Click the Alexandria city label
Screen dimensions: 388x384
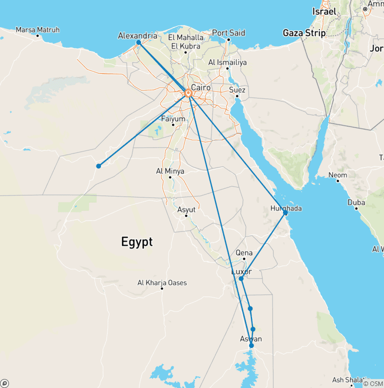coord(137,36)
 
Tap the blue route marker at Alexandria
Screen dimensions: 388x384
coord(138,42)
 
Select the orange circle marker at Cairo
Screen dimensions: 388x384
coord(188,93)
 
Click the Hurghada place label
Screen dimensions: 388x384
coord(286,208)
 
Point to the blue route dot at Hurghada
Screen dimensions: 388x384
coord(285,213)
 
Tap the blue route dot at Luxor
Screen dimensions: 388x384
coord(241,278)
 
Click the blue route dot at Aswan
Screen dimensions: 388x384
coord(251,345)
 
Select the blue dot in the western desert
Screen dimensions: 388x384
coord(98,166)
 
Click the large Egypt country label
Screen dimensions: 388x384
coord(136,242)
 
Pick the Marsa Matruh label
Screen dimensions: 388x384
coord(37,30)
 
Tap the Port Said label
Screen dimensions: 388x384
coord(228,33)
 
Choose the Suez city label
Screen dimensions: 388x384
coord(237,90)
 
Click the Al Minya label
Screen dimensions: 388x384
coord(170,171)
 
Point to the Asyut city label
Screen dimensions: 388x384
coord(186,210)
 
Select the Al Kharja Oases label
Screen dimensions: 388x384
coord(162,283)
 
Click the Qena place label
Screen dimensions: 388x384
coord(244,253)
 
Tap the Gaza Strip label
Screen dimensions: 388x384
coord(304,33)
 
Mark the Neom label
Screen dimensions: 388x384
coord(337,175)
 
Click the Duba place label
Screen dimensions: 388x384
coord(356,203)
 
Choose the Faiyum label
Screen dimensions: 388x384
coord(173,119)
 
